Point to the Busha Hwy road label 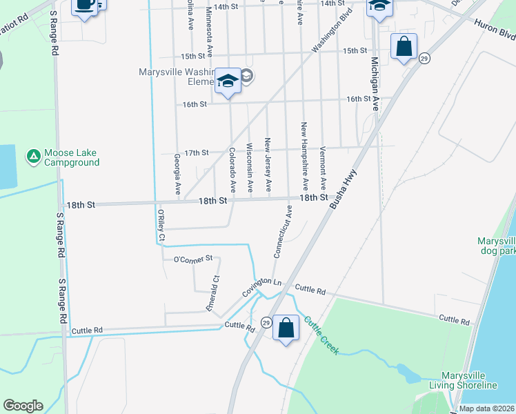[x=343, y=190]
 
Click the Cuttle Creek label [x=321, y=335]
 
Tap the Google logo [x=22, y=406]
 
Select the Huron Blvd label [x=494, y=28]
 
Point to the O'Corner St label [x=193, y=259]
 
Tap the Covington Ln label [x=263, y=287]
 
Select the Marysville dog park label [x=496, y=246]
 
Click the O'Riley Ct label [x=161, y=224]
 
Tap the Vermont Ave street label [x=322, y=168]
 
